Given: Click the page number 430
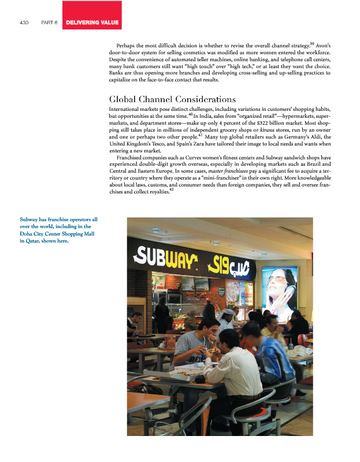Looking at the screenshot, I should tap(24, 23).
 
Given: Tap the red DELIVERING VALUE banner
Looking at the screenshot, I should tap(92, 23).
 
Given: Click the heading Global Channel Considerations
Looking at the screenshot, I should tap(164, 99).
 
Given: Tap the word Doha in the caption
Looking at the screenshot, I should tap(27, 234).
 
